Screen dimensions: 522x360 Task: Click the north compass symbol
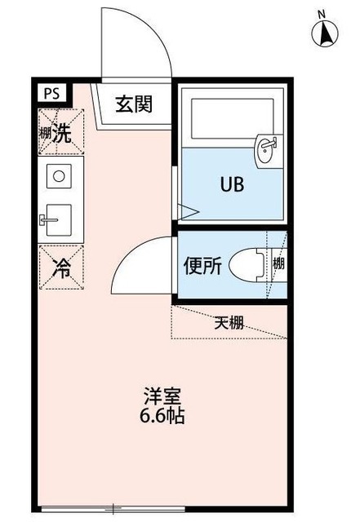point(325,30)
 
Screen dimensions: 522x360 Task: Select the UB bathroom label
point(230,184)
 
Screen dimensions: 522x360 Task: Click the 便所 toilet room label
point(202,267)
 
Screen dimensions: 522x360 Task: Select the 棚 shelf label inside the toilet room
point(278,264)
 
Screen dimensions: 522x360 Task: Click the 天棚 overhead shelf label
point(229,321)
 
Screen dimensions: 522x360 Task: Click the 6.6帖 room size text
point(159,416)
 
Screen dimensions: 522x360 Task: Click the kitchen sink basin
point(59,218)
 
